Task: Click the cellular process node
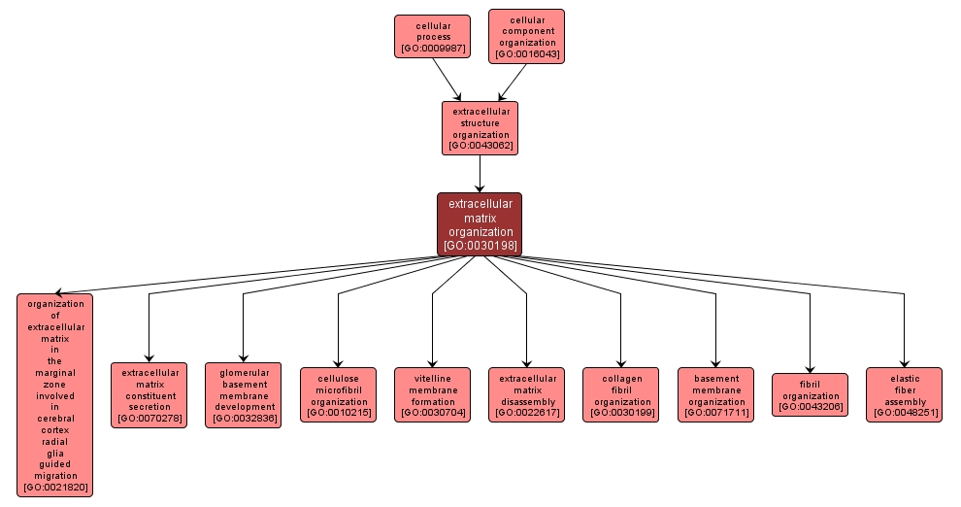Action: pos(432,36)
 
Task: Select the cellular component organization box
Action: pos(526,36)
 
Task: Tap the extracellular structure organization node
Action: pos(480,128)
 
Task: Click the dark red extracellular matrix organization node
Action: pos(480,224)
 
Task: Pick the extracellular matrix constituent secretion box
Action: pos(149,395)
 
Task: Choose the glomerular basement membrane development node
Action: pos(243,395)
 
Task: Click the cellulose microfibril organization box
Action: pos(338,394)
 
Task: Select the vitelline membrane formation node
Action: pos(432,394)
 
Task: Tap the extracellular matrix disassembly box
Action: pos(526,394)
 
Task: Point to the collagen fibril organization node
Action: pos(620,394)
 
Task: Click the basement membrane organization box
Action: pos(715,394)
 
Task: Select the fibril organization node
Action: pos(810,394)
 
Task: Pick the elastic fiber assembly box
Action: pos(904,394)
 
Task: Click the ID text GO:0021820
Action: pos(55,488)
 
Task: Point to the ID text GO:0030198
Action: pos(480,246)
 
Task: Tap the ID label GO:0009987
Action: pos(432,48)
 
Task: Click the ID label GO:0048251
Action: pos(904,414)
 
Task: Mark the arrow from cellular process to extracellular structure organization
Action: pos(447,80)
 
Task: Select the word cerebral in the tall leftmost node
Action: pos(55,419)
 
